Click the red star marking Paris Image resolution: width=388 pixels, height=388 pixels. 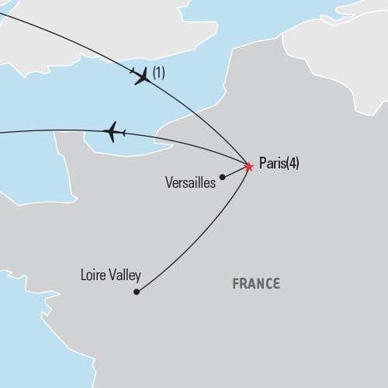coord(248,166)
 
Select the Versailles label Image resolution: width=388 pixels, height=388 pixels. coord(190,183)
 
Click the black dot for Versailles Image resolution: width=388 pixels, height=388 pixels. coord(223,177)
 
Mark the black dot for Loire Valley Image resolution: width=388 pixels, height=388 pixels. coord(137,292)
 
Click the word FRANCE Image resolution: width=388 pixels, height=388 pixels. coord(256,284)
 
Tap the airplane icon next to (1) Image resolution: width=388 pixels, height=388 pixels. coord(141,76)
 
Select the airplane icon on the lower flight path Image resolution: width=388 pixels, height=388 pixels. coord(114,131)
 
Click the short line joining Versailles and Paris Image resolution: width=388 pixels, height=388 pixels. coord(235,171)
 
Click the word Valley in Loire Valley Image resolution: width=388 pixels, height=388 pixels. coord(122,275)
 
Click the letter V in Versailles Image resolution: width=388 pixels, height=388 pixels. coord(170,183)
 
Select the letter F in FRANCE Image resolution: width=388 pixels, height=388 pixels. coord(236,284)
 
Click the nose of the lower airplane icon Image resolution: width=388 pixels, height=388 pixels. coord(105,132)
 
